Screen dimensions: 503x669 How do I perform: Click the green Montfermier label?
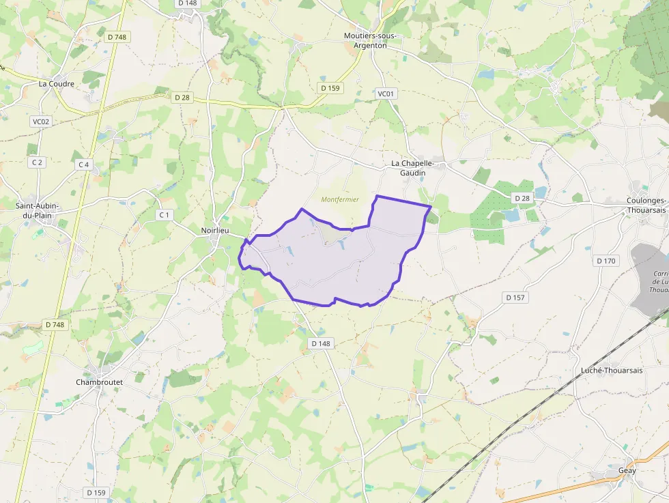tap(340, 199)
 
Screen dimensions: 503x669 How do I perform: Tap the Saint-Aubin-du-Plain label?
tap(38, 210)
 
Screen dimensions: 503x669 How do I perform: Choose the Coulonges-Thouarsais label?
tap(645, 205)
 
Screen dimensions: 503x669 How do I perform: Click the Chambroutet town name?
tap(99, 382)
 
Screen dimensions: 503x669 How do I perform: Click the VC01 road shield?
tap(386, 94)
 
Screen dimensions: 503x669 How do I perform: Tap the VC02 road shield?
tap(41, 121)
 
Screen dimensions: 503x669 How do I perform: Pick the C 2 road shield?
tap(37, 162)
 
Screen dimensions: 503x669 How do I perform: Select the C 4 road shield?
tap(84, 164)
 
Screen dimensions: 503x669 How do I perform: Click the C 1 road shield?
tap(164, 215)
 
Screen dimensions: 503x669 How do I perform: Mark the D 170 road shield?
tap(606, 261)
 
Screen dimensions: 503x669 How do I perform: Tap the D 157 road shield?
tap(515, 298)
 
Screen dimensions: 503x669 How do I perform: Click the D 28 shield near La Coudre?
tap(182, 98)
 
